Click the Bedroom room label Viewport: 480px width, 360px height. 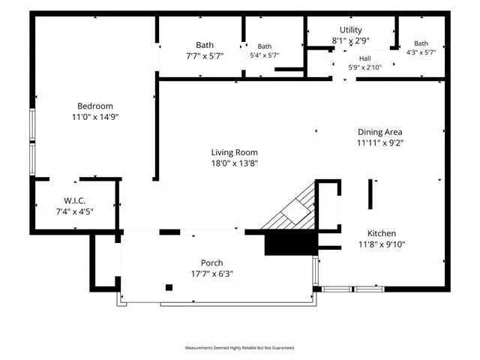(x=95, y=106)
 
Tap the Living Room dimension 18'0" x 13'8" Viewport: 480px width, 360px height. (x=235, y=163)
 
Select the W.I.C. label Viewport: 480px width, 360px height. (x=75, y=201)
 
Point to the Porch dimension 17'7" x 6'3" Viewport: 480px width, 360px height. (x=211, y=274)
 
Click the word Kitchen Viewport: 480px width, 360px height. (x=382, y=233)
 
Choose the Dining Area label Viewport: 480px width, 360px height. (x=380, y=132)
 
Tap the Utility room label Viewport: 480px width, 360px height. (x=351, y=30)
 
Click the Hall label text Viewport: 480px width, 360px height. (x=365, y=58)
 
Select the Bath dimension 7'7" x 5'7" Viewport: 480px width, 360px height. (x=205, y=56)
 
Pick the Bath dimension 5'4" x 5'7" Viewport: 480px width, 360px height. (x=265, y=55)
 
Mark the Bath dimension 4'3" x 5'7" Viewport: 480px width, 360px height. (x=421, y=52)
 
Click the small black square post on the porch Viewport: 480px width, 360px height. (x=169, y=287)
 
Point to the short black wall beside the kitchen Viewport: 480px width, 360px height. (x=370, y=194)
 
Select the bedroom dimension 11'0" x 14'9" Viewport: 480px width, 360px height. (x=95, y=117)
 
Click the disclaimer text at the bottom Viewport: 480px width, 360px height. (x=240, y=348)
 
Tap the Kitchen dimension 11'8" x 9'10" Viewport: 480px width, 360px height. (x=382, y=244)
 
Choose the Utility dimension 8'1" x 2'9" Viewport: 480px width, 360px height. (x=351, y=40)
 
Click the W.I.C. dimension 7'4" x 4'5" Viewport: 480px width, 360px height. (x=75, y=211)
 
